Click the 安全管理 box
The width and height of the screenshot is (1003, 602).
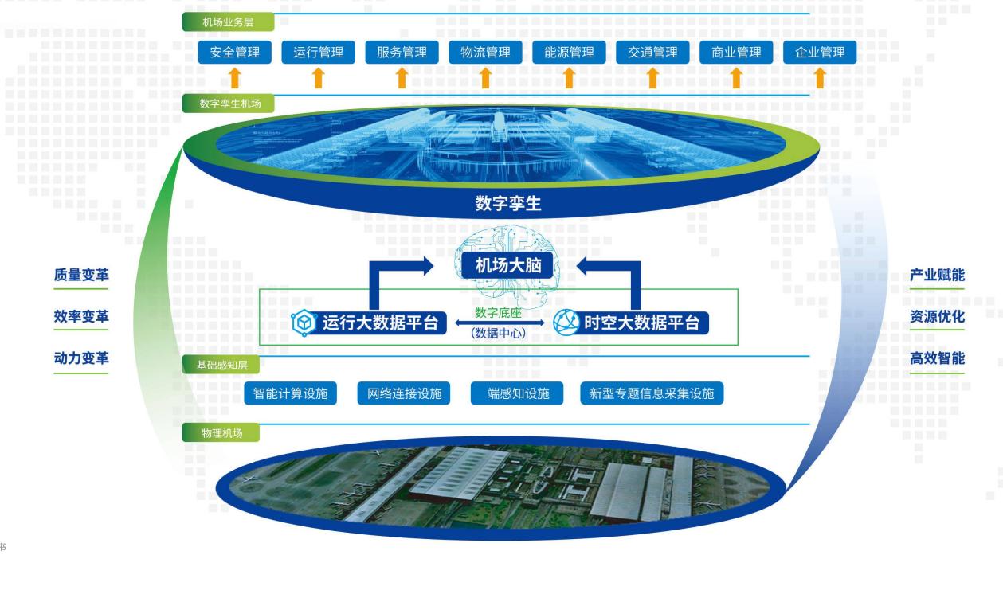click(235, 52)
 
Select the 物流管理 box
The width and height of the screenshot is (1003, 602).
click(485, 52)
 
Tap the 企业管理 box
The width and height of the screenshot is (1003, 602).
click(820, 52)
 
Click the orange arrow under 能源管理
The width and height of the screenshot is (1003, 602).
click(569, 78)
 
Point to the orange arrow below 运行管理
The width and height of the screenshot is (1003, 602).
click(319, 78)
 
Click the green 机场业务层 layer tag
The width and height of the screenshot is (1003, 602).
click(228, 22)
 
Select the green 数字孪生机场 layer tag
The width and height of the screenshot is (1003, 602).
click(228, 104)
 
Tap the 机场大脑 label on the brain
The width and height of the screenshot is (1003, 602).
click(507, 265)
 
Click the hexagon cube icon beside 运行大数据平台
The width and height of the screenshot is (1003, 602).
click(304, 322)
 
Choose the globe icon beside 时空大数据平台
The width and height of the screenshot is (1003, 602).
click(566, 322)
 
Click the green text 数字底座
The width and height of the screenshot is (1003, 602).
click(499, 312)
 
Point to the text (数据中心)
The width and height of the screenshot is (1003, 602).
click(499, 333)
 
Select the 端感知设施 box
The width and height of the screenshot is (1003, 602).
click(517, 393)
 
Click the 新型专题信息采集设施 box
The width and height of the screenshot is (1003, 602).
click(652, 393)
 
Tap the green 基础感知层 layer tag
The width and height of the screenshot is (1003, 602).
click(221, 365)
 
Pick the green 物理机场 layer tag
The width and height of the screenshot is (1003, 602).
click(221, 433)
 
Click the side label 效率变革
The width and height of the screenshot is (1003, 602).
click(81, 316)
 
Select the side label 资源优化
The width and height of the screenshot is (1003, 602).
click(937, 316)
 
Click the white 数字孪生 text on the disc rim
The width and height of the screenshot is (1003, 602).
click(508, 203)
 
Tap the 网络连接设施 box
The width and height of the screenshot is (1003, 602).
click(404, 393)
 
